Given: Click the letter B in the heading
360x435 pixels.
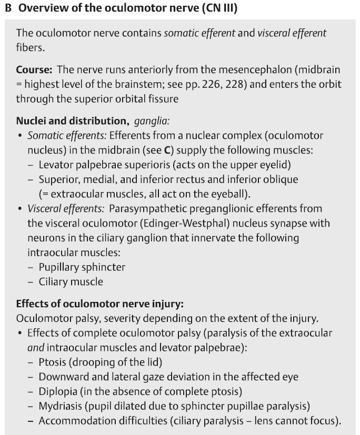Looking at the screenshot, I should [x=8, y=8].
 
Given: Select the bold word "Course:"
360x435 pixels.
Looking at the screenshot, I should [x=34, y=70].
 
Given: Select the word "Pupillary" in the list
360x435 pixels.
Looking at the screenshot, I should [x=60, y=267].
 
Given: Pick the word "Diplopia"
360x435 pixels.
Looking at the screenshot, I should [x=58, y=391].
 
